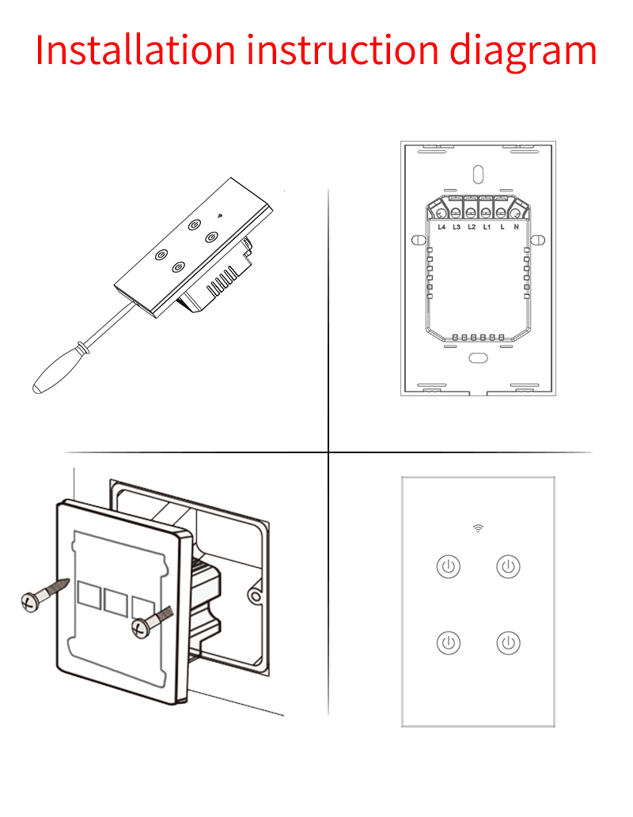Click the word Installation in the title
(x=135, y=50)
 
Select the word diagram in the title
(x=523, y=53)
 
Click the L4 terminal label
(x=442, y=227)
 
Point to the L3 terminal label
(x=457, y=227)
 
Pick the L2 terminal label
(x=472, y=227)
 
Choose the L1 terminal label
(x=487, y=227)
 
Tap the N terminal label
(x=517, y=227)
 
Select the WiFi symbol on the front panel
(x=478, y=528)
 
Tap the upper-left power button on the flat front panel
(x=449, y=566)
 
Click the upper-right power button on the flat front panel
(x=509, y=566)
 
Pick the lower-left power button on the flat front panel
(x=449, y=643)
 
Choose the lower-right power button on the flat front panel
(x=509, y=643)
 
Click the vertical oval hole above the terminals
(x=478, y=175)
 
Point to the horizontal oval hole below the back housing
(x=478, y=358)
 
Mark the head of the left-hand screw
(x=30, y=602)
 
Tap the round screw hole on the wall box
(x=255, y=596)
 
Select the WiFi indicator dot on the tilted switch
(x=219, y=214)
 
